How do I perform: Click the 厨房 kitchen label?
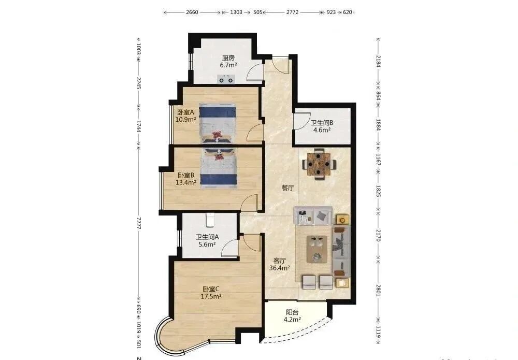(228, 58)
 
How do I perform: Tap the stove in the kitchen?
(226, 79)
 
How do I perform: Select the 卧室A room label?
(185, 112)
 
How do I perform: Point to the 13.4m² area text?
(185, 182)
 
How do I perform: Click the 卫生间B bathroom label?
(322, 123)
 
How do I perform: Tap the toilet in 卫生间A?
(210, 220)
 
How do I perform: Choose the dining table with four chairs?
(320, 164)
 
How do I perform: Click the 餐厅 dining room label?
(287, 188)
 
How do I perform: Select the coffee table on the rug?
(319, 249)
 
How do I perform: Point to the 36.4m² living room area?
(280, 268)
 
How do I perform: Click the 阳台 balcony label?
(292, 312)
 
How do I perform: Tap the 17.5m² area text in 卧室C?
(211, 296)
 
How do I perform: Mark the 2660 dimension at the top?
(192, 12)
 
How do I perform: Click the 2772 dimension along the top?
(292, 12)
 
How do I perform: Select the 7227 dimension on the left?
(139, 223)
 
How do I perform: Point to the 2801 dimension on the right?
(378, 290)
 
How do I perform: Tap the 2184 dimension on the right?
(378, 61)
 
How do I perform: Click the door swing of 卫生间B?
(301, 122)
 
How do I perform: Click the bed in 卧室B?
(220, 168)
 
